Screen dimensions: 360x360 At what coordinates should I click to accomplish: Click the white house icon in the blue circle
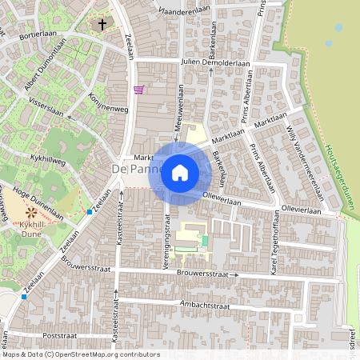(180, 172)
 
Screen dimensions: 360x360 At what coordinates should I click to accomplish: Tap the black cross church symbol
(102, 25)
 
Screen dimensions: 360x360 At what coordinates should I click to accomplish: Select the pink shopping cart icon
(139, 90)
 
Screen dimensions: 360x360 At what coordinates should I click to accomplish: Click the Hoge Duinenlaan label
(32, 203)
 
